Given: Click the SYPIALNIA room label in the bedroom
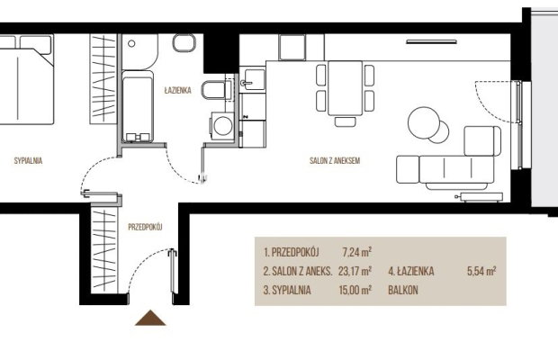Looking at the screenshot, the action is [x=28, y=160].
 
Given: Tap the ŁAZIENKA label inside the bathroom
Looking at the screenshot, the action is [x=177, y=90].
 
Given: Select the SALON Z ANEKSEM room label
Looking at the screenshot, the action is [x=335, y=160].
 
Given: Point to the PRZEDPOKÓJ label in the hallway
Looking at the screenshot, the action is [x=145, y=227].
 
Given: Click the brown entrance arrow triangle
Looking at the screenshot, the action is [x=150, y=319].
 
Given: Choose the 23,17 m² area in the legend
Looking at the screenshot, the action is [x=355, y=271].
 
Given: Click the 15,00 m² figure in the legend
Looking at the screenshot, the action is [x=355, y=290].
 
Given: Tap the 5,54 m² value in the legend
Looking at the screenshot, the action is [x=481, y=271].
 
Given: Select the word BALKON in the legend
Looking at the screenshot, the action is [x=403, y=290].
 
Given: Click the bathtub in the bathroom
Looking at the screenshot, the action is [x=138, y=107].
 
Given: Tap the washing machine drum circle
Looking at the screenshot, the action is [x=223, y=126].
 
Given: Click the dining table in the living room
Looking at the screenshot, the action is [x=345, y=88].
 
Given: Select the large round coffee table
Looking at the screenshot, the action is [x=424, y=123].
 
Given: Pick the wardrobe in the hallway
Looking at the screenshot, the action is [x=104, y=250].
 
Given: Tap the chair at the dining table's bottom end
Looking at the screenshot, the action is [x=346, y=121].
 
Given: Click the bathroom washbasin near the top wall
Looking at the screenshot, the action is [x=184, y=43].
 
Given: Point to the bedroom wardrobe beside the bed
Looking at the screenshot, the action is [x=103, y=79].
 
